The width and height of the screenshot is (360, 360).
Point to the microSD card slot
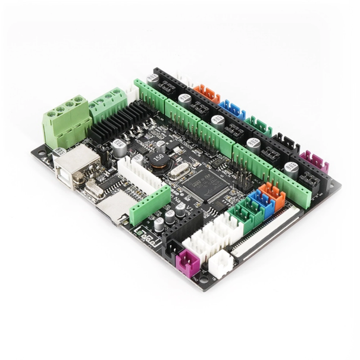[114, 206]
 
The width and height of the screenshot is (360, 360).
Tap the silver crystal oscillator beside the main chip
[178, 173]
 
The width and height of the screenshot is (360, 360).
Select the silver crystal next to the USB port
[95, 190]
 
